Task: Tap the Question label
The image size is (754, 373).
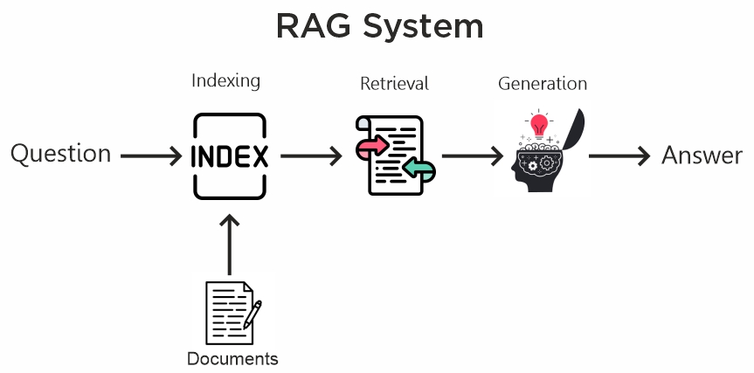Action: [60, 155]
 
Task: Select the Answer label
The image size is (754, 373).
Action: [702, 155]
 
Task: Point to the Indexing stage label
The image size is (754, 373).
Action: [225, 81]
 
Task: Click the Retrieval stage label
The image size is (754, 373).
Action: [394, 84]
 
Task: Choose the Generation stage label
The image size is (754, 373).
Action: [542, 84]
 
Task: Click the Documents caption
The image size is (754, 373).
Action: [232, 358]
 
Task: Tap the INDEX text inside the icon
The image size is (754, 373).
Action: [229, 157]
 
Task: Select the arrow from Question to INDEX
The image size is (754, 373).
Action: [151, 157]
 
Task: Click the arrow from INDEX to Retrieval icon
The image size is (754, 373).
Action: [311, 157]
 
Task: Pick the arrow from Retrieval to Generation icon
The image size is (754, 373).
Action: [473, 157]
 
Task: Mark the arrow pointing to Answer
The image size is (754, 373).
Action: [619, 157]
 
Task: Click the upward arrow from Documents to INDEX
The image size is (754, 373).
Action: [229, 245]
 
